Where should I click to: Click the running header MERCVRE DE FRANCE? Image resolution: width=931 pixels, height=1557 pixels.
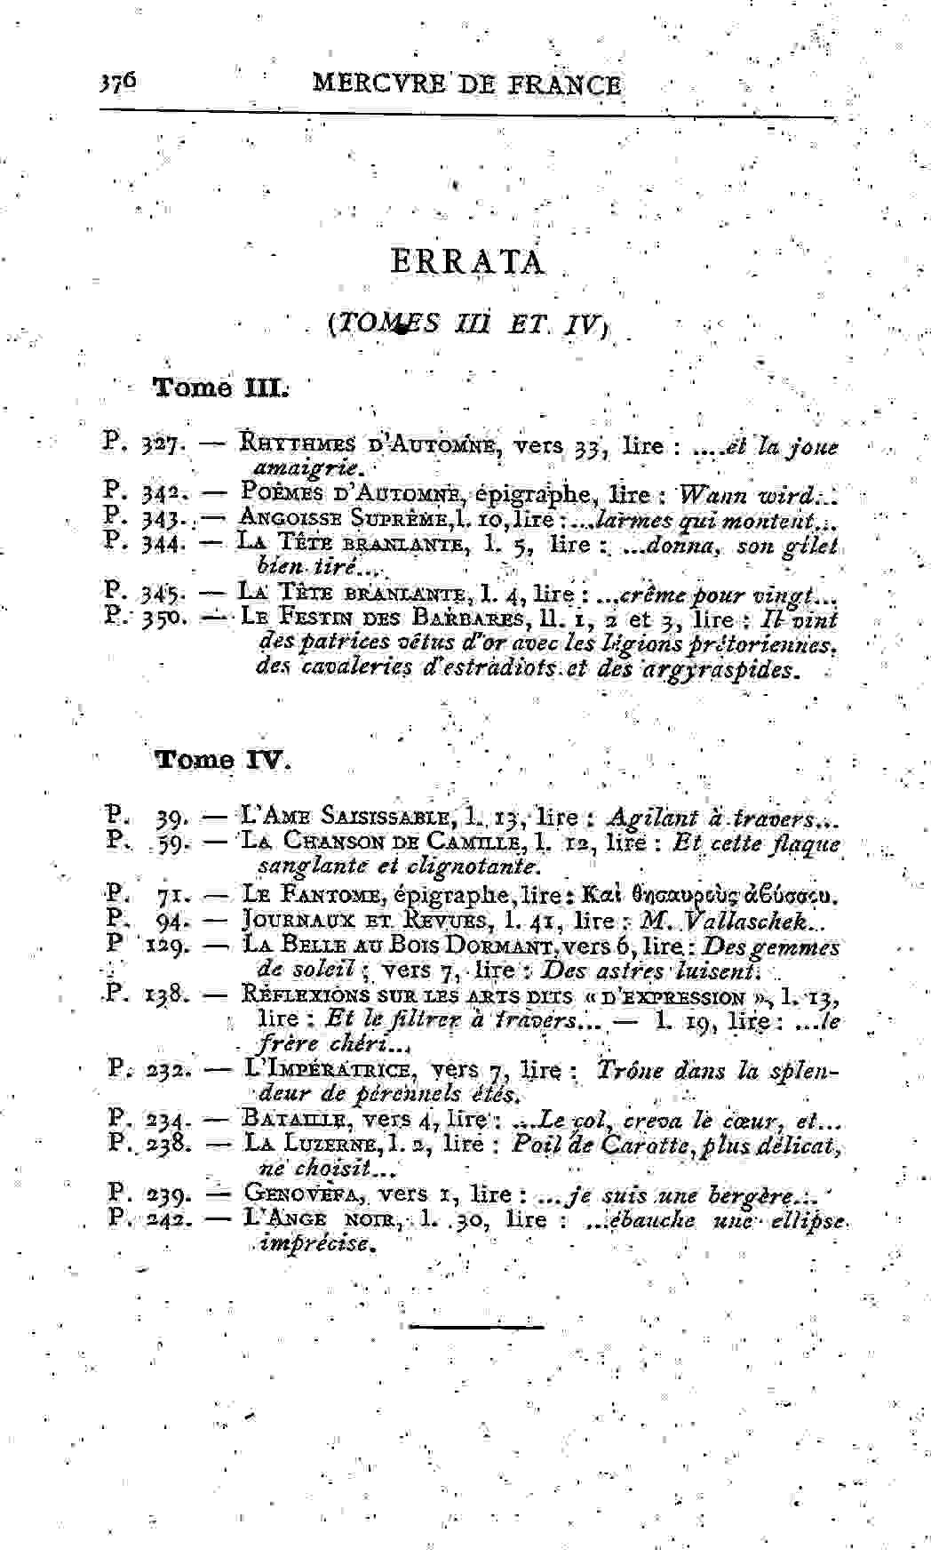tap(467, 85)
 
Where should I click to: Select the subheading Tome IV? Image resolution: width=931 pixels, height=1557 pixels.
tap(223, 760)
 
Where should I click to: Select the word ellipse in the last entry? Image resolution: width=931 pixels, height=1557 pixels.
tap(806, 1220)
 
